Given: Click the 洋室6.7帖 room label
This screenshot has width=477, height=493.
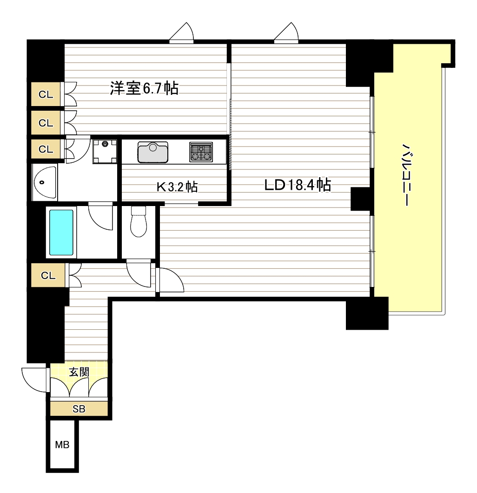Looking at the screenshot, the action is pos(144,88).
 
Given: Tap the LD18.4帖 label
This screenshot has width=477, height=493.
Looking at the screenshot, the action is pos(298,185).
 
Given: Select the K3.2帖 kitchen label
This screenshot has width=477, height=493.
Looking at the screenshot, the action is pos(177,187).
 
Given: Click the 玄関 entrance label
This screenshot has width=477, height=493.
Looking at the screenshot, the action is pos(79,372).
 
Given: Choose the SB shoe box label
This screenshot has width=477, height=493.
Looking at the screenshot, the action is pos(79,409).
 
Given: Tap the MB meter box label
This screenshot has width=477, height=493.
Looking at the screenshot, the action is pos(62,445).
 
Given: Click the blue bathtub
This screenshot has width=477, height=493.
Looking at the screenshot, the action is pos(61,233).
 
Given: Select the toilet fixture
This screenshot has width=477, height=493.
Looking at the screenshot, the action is pos(139,221).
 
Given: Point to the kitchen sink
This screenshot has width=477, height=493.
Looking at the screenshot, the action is pos(152,152).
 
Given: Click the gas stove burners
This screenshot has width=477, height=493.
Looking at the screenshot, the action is pos(201,152).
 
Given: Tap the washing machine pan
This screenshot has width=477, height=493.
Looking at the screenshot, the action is pos(105,152).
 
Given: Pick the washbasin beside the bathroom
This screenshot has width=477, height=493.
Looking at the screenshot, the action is pos(45,182).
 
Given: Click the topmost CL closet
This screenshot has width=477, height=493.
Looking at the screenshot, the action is pos(46,94).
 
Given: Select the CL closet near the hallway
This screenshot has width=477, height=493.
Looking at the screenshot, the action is pos(48,275).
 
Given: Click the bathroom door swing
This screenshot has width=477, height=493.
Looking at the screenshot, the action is pos(100,217).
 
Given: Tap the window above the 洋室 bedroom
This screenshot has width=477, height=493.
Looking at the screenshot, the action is pos(181,33).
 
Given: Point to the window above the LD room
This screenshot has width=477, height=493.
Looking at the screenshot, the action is pos(286,33).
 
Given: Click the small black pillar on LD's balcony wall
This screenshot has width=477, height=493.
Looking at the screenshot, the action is pos(360,199).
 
